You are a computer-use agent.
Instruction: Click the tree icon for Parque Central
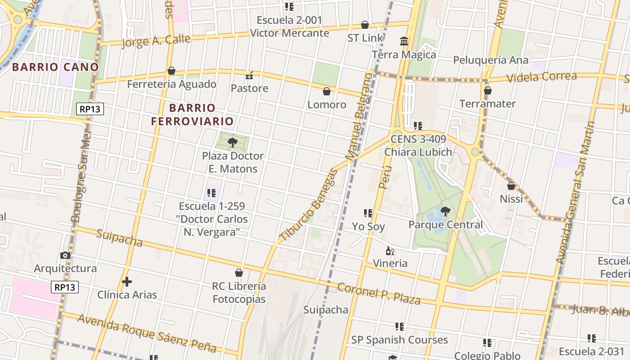pyautogui.click(x=445, y=211)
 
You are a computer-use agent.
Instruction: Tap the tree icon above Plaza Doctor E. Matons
pyautogui.click(x=233, y=143)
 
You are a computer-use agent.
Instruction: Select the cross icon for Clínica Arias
pyautogui.click(x=127, y=282)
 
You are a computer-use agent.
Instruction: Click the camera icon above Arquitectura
pyautogui.click(x=65, y=256)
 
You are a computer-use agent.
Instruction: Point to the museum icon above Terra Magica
pyautogui.click(x=404, y=41)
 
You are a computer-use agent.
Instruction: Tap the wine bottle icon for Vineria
pyautogui.click(x=390, y=251)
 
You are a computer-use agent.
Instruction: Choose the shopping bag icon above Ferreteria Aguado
pyautogui.click(x=171, y=71)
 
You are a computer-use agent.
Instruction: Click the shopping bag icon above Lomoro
pyautogui.click(x=327, y=91)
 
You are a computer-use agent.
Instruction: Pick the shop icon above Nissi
pyautogui.click(x=511, y=185)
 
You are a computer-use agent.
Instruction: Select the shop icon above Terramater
pyautogui.click(x=487, y=90)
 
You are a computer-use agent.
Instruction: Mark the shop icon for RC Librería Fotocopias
pyautogui.click(x=239, y=273)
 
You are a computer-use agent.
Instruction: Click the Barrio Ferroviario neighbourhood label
pyautogui.click(x=192, y=114)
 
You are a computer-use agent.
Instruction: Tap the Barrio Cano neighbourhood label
pyautogui.click(x=55, y=67)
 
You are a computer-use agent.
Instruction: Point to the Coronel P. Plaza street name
pyautogui.click(x=378, y=293)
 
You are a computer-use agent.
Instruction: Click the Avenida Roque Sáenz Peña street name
pyautogui.click(x=153, y=333)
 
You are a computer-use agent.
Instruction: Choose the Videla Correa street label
pyautogui.click(x=541, y=76)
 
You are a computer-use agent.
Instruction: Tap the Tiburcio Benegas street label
pyautogui.click(x=308, y=205)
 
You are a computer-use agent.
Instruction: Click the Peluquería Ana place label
pyautogui.click(x=490, y=60)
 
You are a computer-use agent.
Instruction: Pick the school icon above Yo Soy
pyautogui.click(x=368, y=213)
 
